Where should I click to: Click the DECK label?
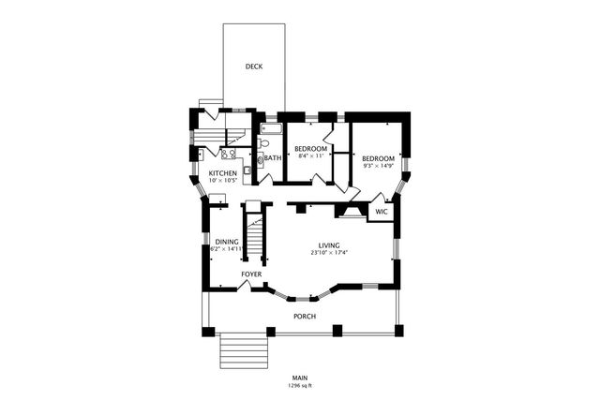[253, 67]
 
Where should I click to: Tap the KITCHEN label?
[222, 173]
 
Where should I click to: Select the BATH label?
[272, 158]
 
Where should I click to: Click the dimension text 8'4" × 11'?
[310, 157]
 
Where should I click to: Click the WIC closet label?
[381, 213]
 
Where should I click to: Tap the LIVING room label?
[328, 245]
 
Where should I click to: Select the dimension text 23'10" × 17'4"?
[328, 253]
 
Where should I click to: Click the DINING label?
[226, 242]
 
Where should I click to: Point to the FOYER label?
[251, 274]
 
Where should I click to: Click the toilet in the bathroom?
[264, 144]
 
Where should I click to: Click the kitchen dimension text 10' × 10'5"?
[222, 181]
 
